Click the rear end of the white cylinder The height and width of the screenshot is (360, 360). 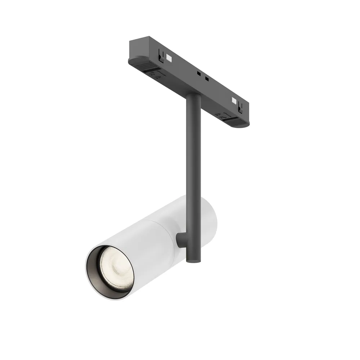[211, 216]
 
